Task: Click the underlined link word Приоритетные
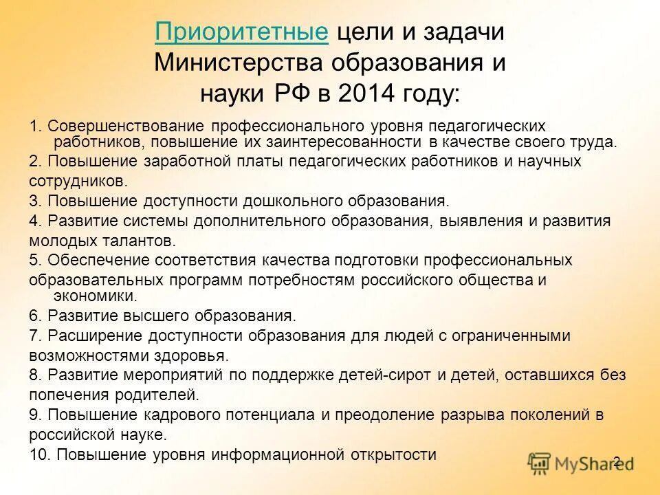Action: pyautogui.click(x=241, y=32)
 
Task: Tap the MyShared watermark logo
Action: pyautogui.click(x=582, y=463)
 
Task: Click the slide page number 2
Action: pyautogui.click(x=617, y=461)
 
